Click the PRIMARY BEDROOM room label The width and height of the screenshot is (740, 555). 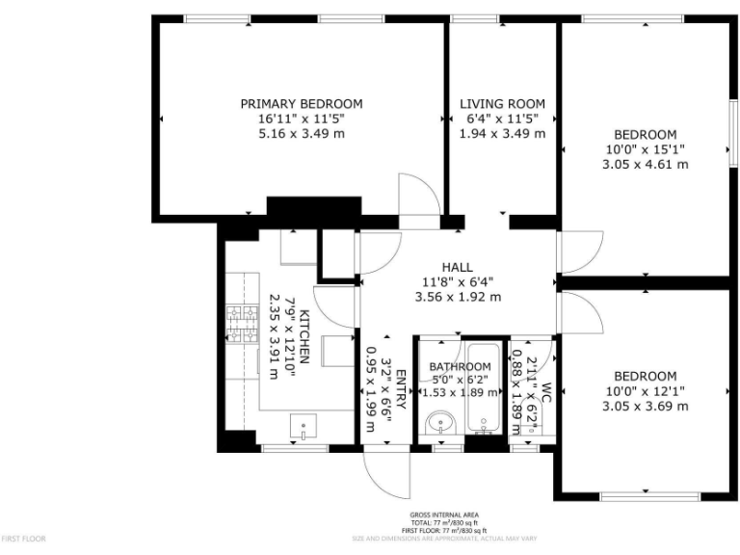point(302,104)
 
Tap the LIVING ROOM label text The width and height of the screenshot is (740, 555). point(502,104)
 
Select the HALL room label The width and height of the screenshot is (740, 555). point(457,267)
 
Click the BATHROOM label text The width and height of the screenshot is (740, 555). point(460,367)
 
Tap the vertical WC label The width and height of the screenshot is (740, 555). point(544,392)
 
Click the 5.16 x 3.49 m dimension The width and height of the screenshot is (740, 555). point(302,133)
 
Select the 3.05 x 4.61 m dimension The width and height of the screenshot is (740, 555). point(646,164)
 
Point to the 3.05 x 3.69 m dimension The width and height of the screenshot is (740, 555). point(646,406)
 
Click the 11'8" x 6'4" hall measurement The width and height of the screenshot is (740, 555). point(457,282)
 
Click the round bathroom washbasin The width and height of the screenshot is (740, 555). point(441,422)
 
